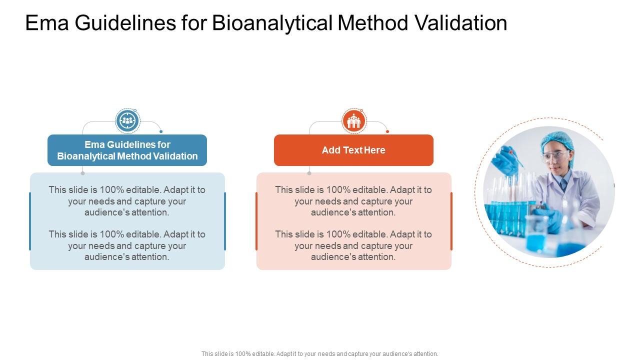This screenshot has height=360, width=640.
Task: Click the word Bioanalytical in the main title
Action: (x=272, y=23)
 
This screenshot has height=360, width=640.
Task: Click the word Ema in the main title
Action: (x=47, y=23)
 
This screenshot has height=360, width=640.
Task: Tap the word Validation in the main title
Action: (x=461, y=23)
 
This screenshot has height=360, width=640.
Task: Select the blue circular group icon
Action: (x=127, y=121)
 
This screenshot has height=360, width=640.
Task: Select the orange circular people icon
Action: (x=354, y=121)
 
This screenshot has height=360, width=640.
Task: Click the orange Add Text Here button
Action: (x=353, y=150)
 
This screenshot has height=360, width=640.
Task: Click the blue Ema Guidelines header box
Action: (x=127, y=150)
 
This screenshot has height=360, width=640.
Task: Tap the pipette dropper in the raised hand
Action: (x=517, y=159)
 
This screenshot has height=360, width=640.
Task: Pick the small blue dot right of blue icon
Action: (x=161, y=131)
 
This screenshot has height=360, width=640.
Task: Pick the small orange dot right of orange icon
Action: (x=387, y=131)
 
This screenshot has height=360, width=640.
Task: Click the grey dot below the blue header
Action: (x=82, y=173)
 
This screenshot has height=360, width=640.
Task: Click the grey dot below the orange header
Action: (x=309, y=173)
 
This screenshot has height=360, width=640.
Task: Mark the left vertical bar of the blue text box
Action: (x=30, y=221)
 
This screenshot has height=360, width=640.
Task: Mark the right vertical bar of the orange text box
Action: (x=451, y=221)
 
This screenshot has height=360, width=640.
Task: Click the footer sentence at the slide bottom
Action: (x=319, y=353)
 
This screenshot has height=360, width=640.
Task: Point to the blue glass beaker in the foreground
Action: (x=536, y=235)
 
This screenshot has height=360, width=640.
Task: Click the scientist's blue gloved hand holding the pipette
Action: (x=505, y=160)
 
